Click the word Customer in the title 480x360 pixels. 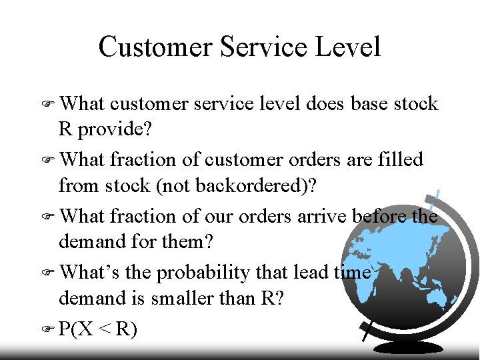pos(154,47)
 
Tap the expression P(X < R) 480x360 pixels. pos(98,329)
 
